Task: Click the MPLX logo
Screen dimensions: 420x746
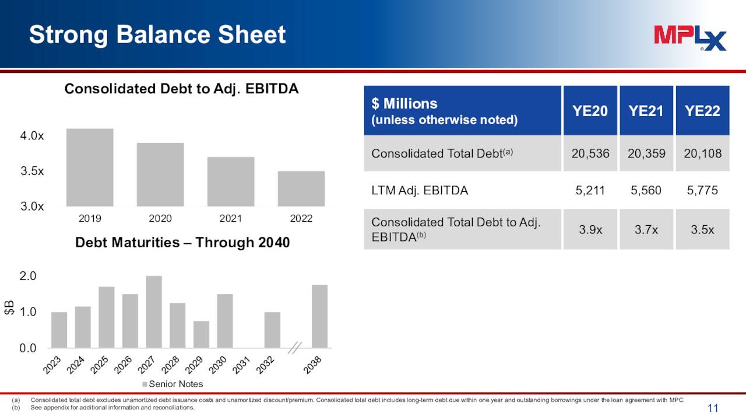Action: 690,38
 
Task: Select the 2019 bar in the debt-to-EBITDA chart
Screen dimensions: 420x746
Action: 90,167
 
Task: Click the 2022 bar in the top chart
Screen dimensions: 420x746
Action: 301,188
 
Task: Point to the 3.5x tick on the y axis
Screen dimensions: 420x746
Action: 32,171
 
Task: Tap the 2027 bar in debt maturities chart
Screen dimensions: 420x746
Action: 154,312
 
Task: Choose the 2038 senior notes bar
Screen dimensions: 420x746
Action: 319,316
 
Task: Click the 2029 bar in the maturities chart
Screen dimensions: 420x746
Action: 201,334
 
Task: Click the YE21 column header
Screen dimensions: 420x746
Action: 646,111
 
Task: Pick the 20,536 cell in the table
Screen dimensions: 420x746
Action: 590,154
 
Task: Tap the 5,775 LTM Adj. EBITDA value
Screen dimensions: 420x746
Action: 702,190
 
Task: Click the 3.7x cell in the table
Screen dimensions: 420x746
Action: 646,229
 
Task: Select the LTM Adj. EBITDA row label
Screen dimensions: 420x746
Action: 420,190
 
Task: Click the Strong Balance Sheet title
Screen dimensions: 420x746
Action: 157,35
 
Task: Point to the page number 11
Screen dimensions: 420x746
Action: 713,408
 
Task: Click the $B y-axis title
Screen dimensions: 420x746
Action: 9,307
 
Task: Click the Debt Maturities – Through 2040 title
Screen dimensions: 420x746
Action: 182,243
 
